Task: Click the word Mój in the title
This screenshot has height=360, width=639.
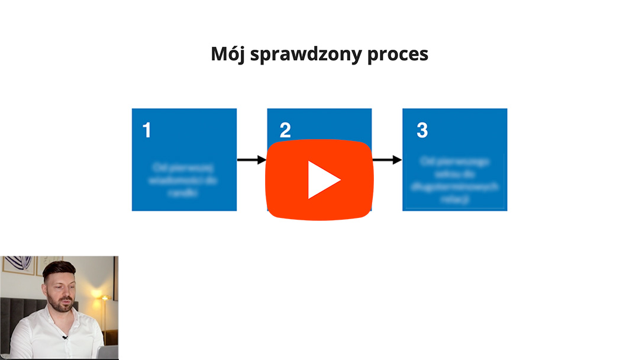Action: pyautogui.click(x=228, y=54)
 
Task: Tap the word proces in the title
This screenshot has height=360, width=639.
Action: pyautogui.click(x=398, y=54)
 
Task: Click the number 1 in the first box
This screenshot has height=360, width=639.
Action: pyautogui.click(x=147, y=131)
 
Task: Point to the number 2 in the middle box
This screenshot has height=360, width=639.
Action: pyautogui.click(x=285, y=131)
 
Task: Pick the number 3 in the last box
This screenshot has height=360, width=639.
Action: pyautogui.click(x=422, y=131)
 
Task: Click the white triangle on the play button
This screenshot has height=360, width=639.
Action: pyautogui.click(x=322, y=179)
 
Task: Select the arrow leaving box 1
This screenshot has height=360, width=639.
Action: pyautogui.click(x=251, y=160)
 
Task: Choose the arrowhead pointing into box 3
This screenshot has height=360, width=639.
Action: pyautogui.click(x=397, y=160)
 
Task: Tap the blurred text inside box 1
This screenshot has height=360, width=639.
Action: pyautogui.click(x=183, y=179)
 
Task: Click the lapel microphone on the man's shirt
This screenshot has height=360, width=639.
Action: pyautogui.click(x=64, y=337)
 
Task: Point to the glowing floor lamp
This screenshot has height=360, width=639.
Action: pyautogui.click(x=105, y=298)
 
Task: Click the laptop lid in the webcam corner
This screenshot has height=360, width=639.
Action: pyautogui.click(x=108, y=353)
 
